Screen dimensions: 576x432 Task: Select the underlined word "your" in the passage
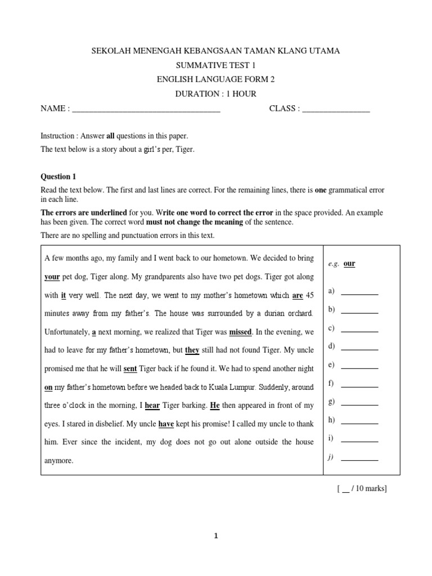click(x=52, y=277)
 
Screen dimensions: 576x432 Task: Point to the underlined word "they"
click(x=192, y=350)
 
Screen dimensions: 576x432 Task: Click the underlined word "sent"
click(x=130, y=368)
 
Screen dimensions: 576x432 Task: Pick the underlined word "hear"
click(x=152, y=405)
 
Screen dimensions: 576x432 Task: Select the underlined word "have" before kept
click(x=166, y=424)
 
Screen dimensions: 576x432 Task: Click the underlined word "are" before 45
click(x=298, y=295)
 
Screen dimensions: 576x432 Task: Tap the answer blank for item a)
click(x=359, y=292)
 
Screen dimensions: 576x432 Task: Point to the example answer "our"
click(x=349, y=264)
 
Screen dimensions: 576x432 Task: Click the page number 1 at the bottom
click(x=216, y=536)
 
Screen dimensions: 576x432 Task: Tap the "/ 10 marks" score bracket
click(x=362, y=488)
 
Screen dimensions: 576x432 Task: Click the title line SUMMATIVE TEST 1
click(x=216, y=66)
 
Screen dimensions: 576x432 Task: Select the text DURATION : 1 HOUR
click(x=216, y=94)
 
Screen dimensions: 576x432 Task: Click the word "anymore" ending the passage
click(x=58, y=460)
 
